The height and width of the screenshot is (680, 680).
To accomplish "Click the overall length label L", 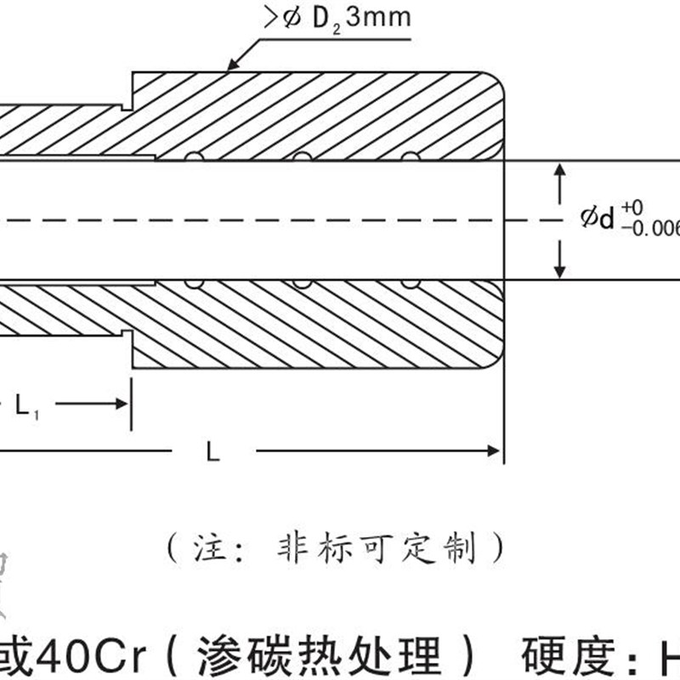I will click(x=213, y=453).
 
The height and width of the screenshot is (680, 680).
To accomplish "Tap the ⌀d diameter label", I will click(x=597, y=218).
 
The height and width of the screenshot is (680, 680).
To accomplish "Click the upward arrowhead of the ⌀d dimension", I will click(x=558, y=171).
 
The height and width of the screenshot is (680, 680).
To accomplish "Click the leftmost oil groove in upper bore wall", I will click(x=194, y=157).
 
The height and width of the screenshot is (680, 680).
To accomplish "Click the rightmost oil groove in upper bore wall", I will click(x=411, y=157).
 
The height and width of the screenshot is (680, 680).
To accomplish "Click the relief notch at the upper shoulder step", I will click(x=127, y=105).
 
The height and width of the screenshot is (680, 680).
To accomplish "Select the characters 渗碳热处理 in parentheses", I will click(x=323, y=657).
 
